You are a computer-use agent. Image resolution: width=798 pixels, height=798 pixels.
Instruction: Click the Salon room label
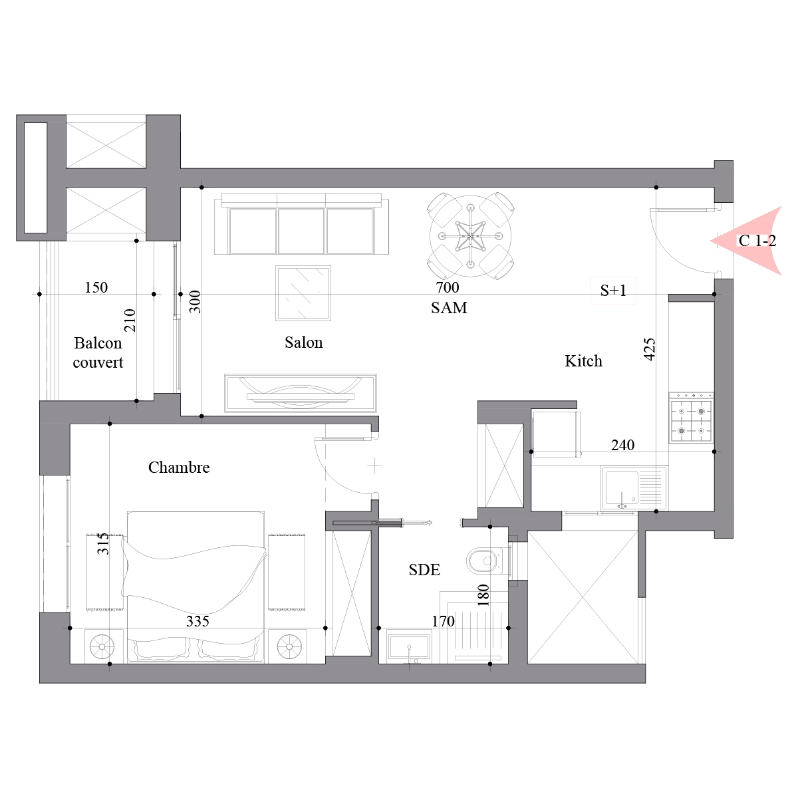pos(303,342)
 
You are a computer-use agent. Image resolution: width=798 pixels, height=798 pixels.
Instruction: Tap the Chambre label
pos(179,467)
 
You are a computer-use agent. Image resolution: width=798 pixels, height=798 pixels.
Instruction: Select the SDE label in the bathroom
pos(424,570)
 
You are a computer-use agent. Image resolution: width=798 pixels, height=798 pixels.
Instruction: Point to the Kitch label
pos(583,361)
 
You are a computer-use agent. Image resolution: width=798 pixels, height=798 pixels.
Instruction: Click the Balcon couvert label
pos(98,353)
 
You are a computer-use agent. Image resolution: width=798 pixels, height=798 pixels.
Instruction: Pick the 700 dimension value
pos(448,287)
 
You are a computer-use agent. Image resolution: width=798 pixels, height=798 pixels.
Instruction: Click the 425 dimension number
pos(650,349)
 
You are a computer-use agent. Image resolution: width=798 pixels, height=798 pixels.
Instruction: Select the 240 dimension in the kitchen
pos(623,445)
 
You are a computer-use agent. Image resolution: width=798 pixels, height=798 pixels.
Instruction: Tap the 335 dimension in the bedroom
pos(198,621)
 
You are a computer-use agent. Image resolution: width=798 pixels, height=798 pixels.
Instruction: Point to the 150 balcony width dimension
pos(96,287)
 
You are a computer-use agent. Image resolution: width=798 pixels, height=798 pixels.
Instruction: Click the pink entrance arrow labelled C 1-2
pos(746,241)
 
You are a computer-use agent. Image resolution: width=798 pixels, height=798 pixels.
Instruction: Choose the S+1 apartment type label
pos(613,291)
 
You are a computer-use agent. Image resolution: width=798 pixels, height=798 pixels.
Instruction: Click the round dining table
pos(470,236)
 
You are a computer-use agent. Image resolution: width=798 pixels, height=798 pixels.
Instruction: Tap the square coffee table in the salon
pos(303,293)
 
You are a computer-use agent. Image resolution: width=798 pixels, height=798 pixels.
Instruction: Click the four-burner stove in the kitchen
pos(691,418)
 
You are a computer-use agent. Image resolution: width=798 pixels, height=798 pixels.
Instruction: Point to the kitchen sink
pos(634,488)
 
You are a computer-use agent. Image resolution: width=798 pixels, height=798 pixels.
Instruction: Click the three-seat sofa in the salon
pos(301,223)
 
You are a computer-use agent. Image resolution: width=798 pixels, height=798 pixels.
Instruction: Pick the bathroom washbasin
pos(409,646)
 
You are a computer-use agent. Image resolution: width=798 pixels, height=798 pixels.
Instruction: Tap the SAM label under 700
pos(449,308)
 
